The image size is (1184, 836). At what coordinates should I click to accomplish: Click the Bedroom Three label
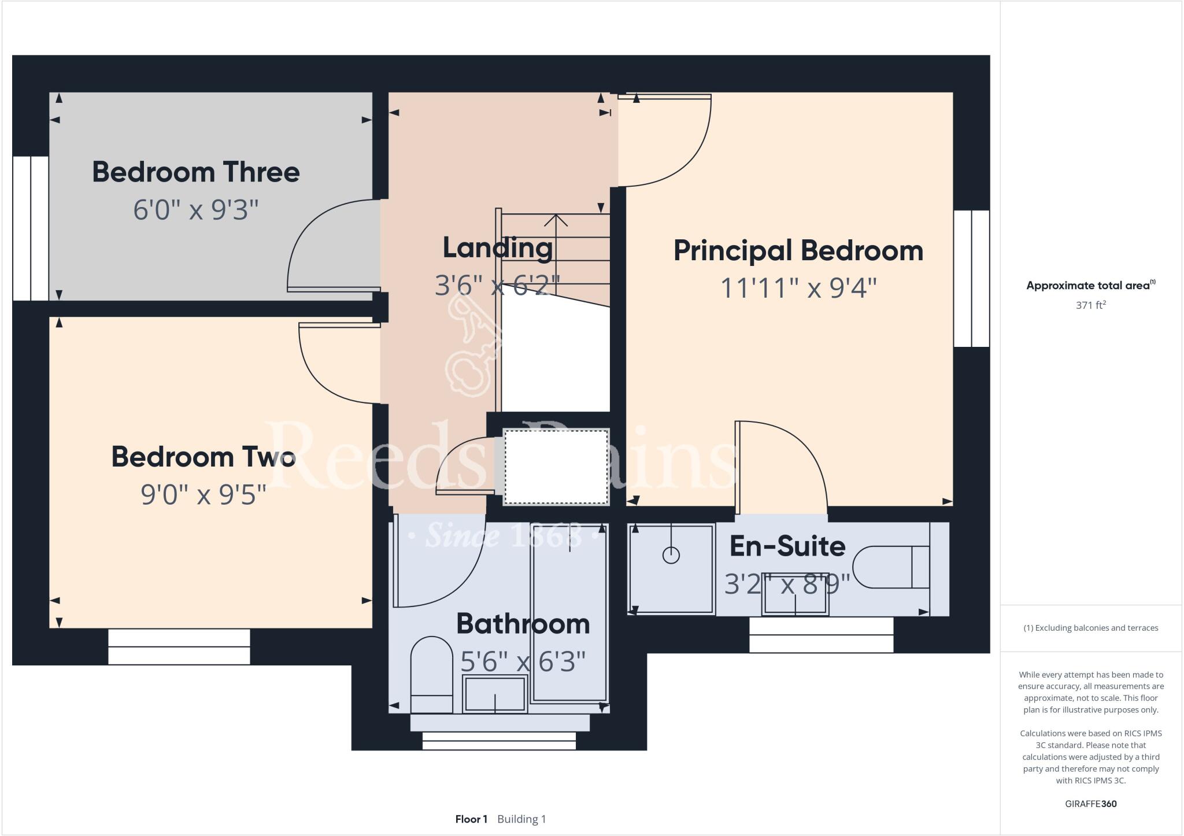click(195, 172)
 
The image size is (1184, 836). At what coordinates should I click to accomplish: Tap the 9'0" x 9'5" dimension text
click(203, 495)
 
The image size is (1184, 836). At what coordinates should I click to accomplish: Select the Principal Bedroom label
click(798, 251)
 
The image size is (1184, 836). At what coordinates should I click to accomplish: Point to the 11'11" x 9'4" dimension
click(798, 288)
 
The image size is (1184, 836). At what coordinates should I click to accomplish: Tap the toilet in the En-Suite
click(890, 567)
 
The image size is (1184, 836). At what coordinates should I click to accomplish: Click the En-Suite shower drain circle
click(671, 556)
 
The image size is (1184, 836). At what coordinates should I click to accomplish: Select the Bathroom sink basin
click(494, 694)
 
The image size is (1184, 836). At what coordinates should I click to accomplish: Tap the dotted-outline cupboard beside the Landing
click(556, 467)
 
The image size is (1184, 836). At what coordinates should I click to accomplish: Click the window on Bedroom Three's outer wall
click(31, 228)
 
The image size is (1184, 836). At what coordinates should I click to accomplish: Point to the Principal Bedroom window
click(971, 278)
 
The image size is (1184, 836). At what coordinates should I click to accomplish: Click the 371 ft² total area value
click(1090, 305)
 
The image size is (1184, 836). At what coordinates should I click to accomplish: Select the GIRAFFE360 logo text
click(1090, 804)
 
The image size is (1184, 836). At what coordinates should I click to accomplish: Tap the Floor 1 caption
click(471, 819)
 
